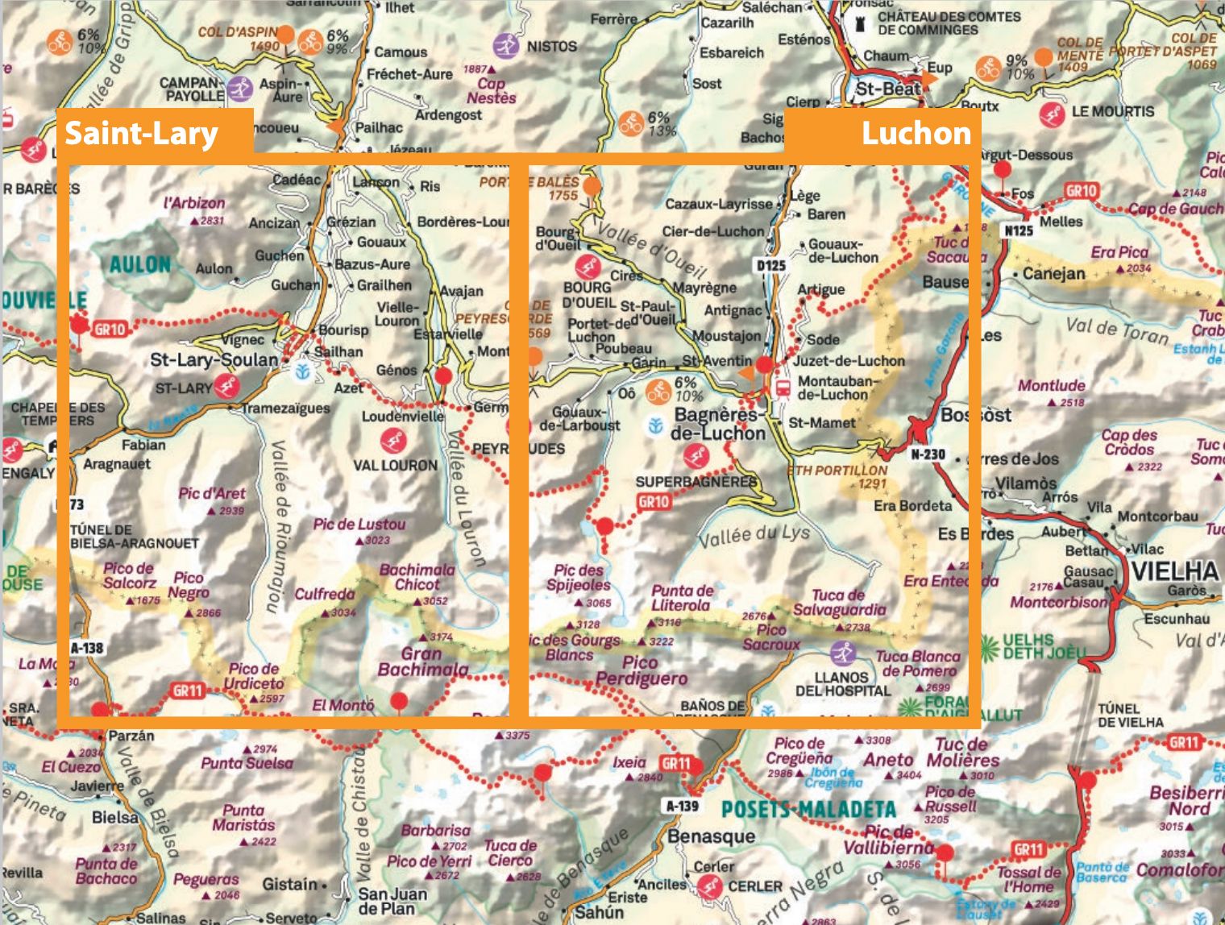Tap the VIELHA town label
point(1176,570)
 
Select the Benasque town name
point(711,836)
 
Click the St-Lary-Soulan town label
point(214,359)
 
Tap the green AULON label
point(140,264)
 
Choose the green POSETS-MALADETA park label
point(808,810)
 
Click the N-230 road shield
point(928,454)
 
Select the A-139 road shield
point(682,805)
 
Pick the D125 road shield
point(770,265)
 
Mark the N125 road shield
point(1019,230)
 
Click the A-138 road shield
point(87,647)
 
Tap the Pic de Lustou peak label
point(359,525)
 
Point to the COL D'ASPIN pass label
point(237,33)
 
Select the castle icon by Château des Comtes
point(861,24)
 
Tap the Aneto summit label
point(888,760)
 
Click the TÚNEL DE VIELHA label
point(1130,715)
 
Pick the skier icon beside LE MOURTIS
point(1051,114)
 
